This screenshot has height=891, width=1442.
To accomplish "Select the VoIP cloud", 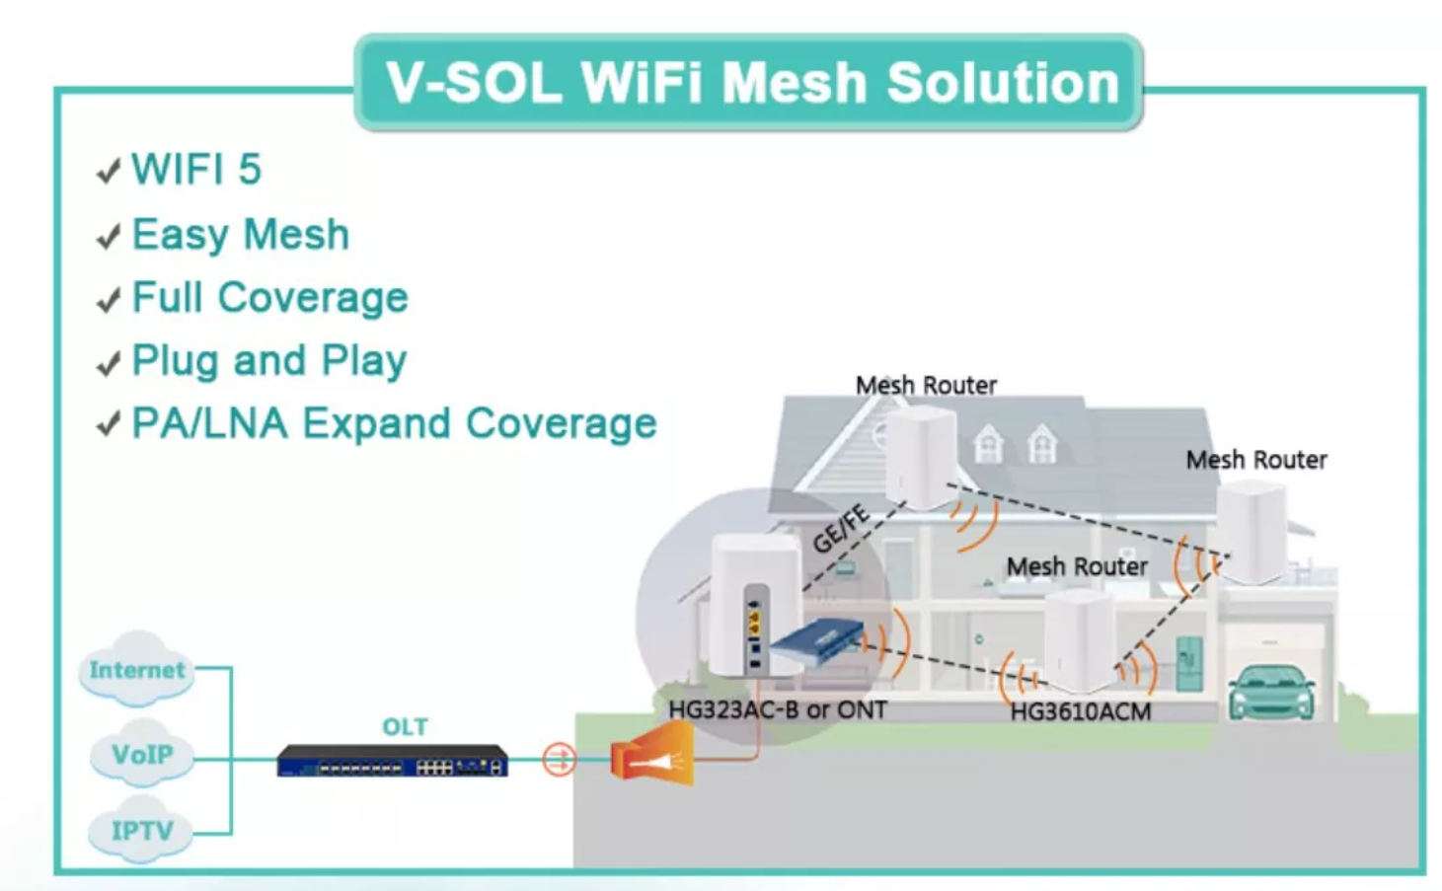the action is tap(141, 753).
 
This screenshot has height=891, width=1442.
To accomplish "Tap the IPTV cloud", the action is tap(140, 830).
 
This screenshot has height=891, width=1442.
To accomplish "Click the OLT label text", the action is tap(405, 727).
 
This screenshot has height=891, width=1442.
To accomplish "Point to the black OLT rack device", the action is tap(393, 761).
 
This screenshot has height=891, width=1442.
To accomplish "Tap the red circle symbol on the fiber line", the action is tap(559, 760).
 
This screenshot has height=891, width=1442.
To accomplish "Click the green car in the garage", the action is tap(1271, 693).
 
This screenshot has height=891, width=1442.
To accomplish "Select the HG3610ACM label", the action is tap(1080, 712).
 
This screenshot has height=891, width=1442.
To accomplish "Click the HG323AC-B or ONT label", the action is tap(778, 709).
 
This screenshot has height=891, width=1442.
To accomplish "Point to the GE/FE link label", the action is tap(841, 528).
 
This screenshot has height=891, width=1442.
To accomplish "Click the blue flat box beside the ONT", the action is tap(816, 640).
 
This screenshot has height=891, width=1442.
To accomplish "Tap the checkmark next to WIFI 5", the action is tap(109, 171).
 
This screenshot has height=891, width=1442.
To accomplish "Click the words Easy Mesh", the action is tap(241, 234).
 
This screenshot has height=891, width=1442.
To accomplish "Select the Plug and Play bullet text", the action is tap(269, 360).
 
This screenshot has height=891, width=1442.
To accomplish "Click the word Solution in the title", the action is tap(1003, 84).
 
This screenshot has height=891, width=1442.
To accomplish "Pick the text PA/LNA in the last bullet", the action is tap(210, 423).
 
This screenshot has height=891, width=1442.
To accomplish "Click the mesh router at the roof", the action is tap(921, 457).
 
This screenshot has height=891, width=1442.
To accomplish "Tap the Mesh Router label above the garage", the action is tap(1256, 460).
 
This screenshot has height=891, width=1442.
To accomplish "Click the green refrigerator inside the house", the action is tap(1188, 663).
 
